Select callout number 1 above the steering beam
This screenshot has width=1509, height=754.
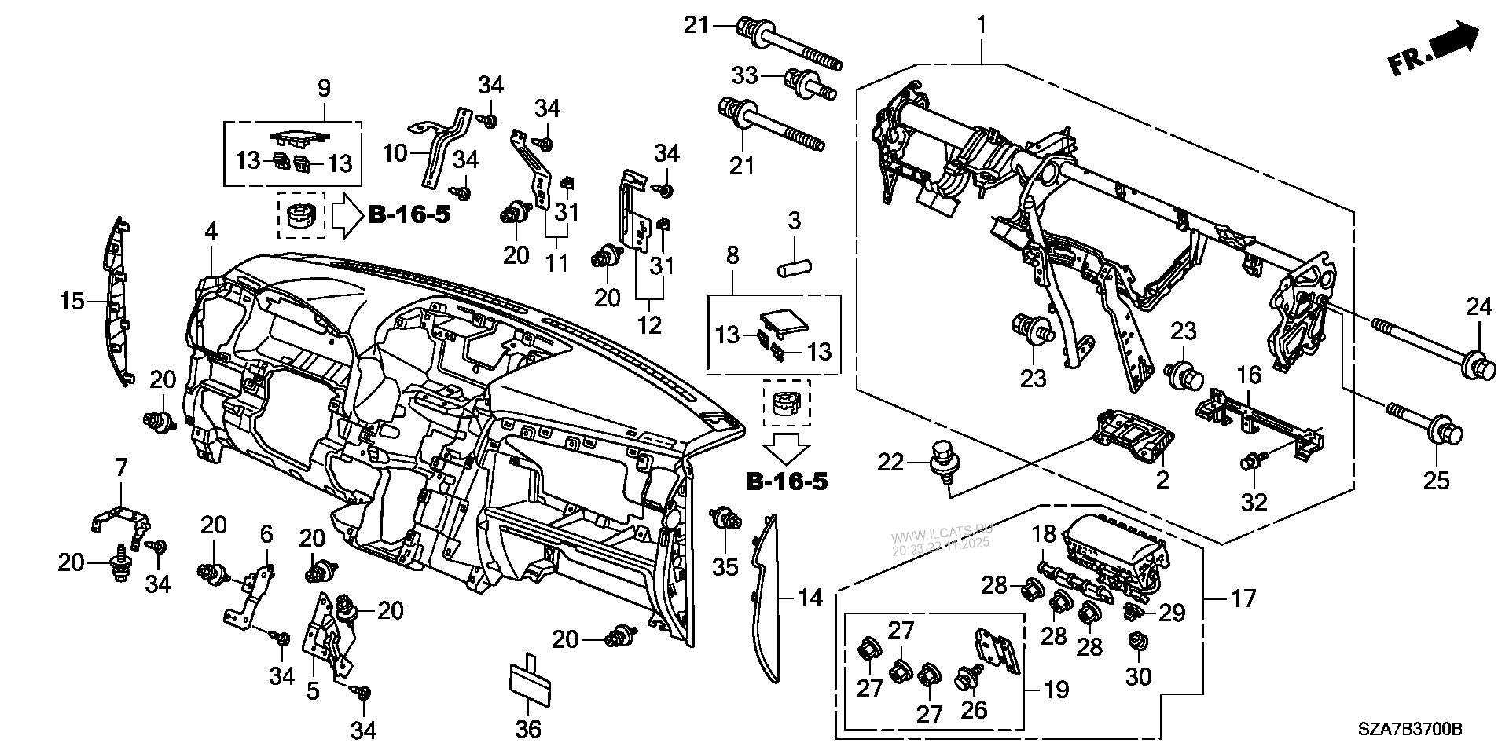pyautogui.click(x=981, y=26)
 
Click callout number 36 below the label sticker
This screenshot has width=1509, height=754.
pyautogui.click(x=528, y=729)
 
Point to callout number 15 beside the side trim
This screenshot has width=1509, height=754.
pyautogui.click(x=72, y=301)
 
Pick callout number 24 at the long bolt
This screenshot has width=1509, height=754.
pyautogui.click(x=1479, y=306)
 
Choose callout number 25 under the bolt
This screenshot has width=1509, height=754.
pyautogui.click(x=1436, y=479)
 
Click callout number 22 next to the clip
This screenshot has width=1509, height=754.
pyautogui.click(x=891, y=463)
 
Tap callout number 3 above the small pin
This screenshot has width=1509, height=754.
pyautogui.click(x=794, y=221)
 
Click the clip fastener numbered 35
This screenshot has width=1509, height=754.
pyautogui.click(x=724, y=519)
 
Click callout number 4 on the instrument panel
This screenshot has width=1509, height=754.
pyautogui.click(x=211, y=232)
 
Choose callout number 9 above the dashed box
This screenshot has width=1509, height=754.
pyautogui.click(x=324, y=88)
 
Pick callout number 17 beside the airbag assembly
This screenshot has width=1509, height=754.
pyautogui.click(x=1243, y=599)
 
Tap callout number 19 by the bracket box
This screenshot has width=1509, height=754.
pyautogui.click(x=1056, y=690)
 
